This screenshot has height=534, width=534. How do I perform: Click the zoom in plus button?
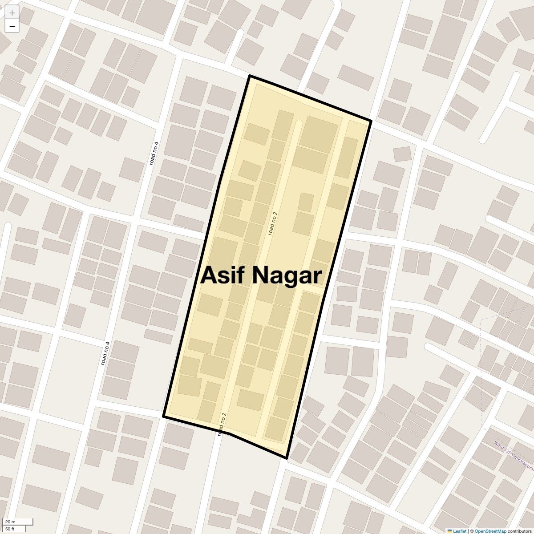[x=12, y=13]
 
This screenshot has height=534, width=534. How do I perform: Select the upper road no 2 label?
[x=273, y=223]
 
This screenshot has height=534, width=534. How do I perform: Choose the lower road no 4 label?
[x=105, y=353]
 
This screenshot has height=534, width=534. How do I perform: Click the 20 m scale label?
[x=10, y=522]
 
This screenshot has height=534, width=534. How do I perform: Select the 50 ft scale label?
[x=10, y=529]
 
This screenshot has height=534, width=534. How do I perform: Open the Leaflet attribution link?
[x=459, y=531]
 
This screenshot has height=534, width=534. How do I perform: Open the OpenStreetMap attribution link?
[x=490, y=531]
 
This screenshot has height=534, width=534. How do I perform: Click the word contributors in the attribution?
[x=519, y=531]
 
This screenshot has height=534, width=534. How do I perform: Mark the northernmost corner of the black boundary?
[x=250, y=76]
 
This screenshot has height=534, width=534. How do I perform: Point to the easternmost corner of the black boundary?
[x=371, y=121]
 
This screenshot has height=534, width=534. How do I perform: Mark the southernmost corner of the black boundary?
[x=287, y=458]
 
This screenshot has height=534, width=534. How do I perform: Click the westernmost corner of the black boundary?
[x=164, y=417]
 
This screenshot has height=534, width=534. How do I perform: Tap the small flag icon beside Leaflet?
[x=449, y=531]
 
